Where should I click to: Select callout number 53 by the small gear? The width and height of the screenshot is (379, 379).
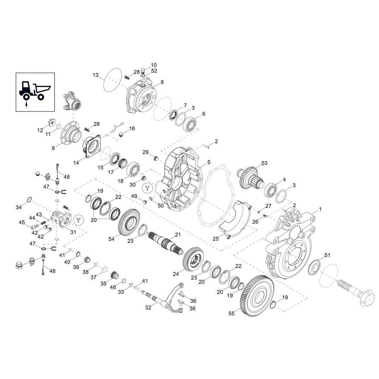coord(265,163)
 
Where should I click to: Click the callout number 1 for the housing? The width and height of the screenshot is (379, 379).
coord(320,209)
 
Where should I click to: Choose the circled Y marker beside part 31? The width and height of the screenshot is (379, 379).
coord(78,220)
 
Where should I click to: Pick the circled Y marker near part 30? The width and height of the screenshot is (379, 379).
coord(147,188)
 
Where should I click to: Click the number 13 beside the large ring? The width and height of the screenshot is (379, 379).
coord(96,75)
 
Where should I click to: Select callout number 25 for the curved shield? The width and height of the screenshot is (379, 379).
coord(215,239)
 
